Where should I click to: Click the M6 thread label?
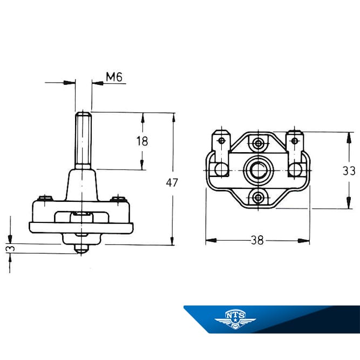pos(114,77)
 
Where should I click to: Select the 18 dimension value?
pos(142,141)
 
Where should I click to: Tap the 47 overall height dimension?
pos(172,182)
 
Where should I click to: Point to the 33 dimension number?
pos(349,171)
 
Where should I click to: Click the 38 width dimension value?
pos(257,240)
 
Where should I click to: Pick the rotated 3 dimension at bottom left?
pos(11,248)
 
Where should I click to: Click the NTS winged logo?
pos(235,320)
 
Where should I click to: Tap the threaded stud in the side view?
pos(83,140)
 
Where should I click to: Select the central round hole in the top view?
pos(259,171)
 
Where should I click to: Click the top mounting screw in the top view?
pos(259,144)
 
